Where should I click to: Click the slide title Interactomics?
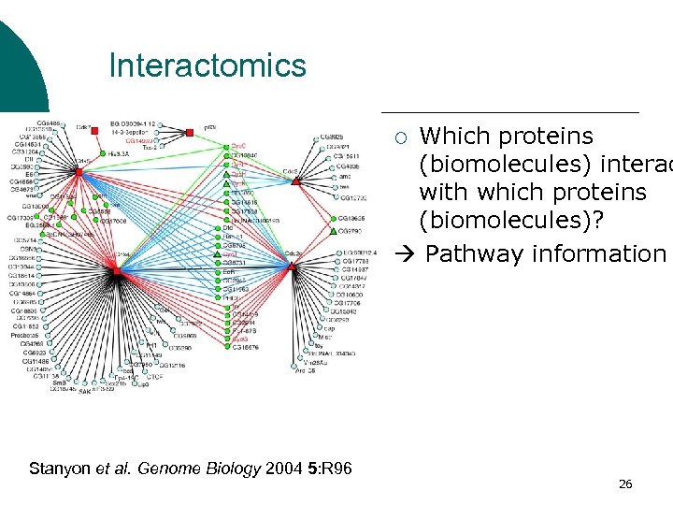pyautogui.click(x=208, y=65)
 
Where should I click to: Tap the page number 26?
pyautogui.click(x=625, y=483)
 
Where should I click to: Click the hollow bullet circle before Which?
pyautogui.click(x=401, y=138)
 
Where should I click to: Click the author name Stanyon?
pyautogui.click(x=60, y=468)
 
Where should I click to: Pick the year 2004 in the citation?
pyautogui.click(x=281, y=468)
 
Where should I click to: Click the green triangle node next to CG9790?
pyautogui.click(x=333, y=231)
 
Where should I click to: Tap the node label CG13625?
pyautogui.click(x=351, y=218)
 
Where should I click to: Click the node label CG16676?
pyautogui.click(x=246, y=347)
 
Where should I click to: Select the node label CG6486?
pyautogui.click(x=50, y=123)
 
